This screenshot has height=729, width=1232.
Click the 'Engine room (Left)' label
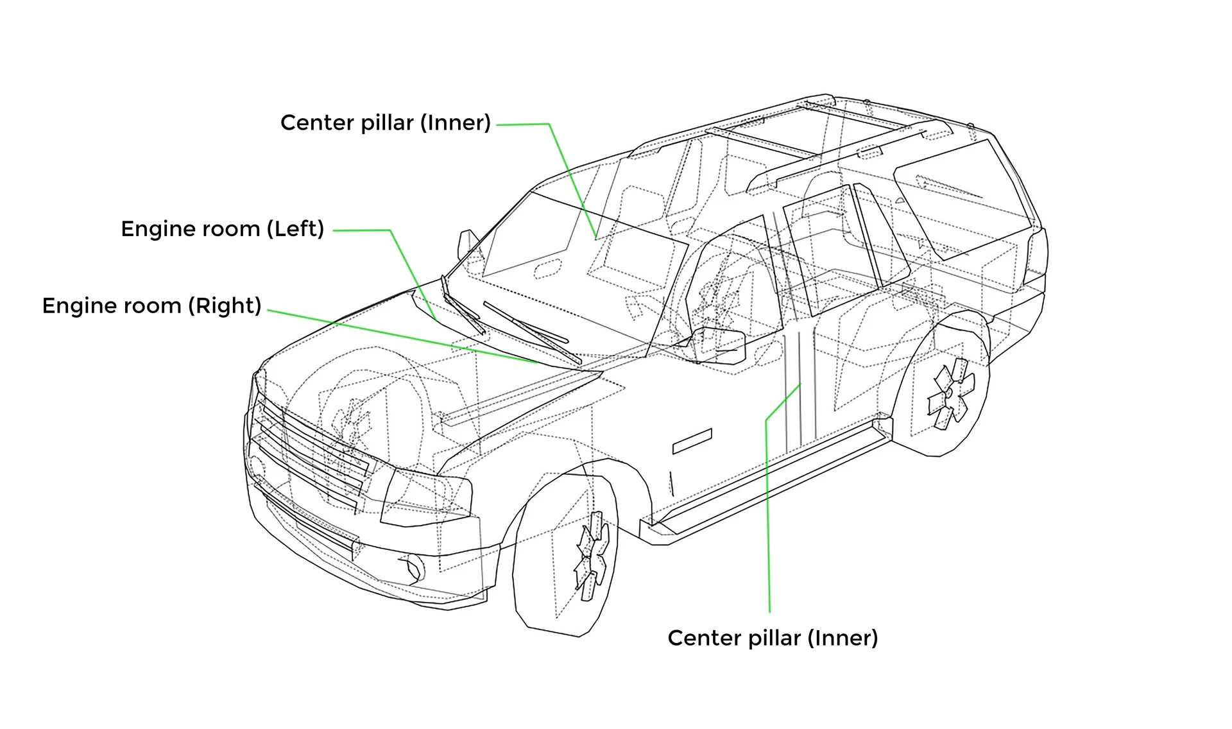point(222,229)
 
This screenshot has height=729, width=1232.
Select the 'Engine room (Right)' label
point(151,305)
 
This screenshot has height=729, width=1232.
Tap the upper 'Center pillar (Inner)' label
point(385,123)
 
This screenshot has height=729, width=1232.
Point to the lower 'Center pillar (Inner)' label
point(773,638)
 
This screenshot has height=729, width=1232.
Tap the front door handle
point(692,441)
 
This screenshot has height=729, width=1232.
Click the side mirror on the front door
point(722,346)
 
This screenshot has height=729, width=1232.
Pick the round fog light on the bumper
point(411,569)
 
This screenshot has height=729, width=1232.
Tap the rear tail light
point(1036,257)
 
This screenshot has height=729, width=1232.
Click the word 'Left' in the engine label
point(297,229)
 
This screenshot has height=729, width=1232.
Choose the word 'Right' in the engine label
point(225,305)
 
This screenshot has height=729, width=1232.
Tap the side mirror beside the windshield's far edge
point(466,244)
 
